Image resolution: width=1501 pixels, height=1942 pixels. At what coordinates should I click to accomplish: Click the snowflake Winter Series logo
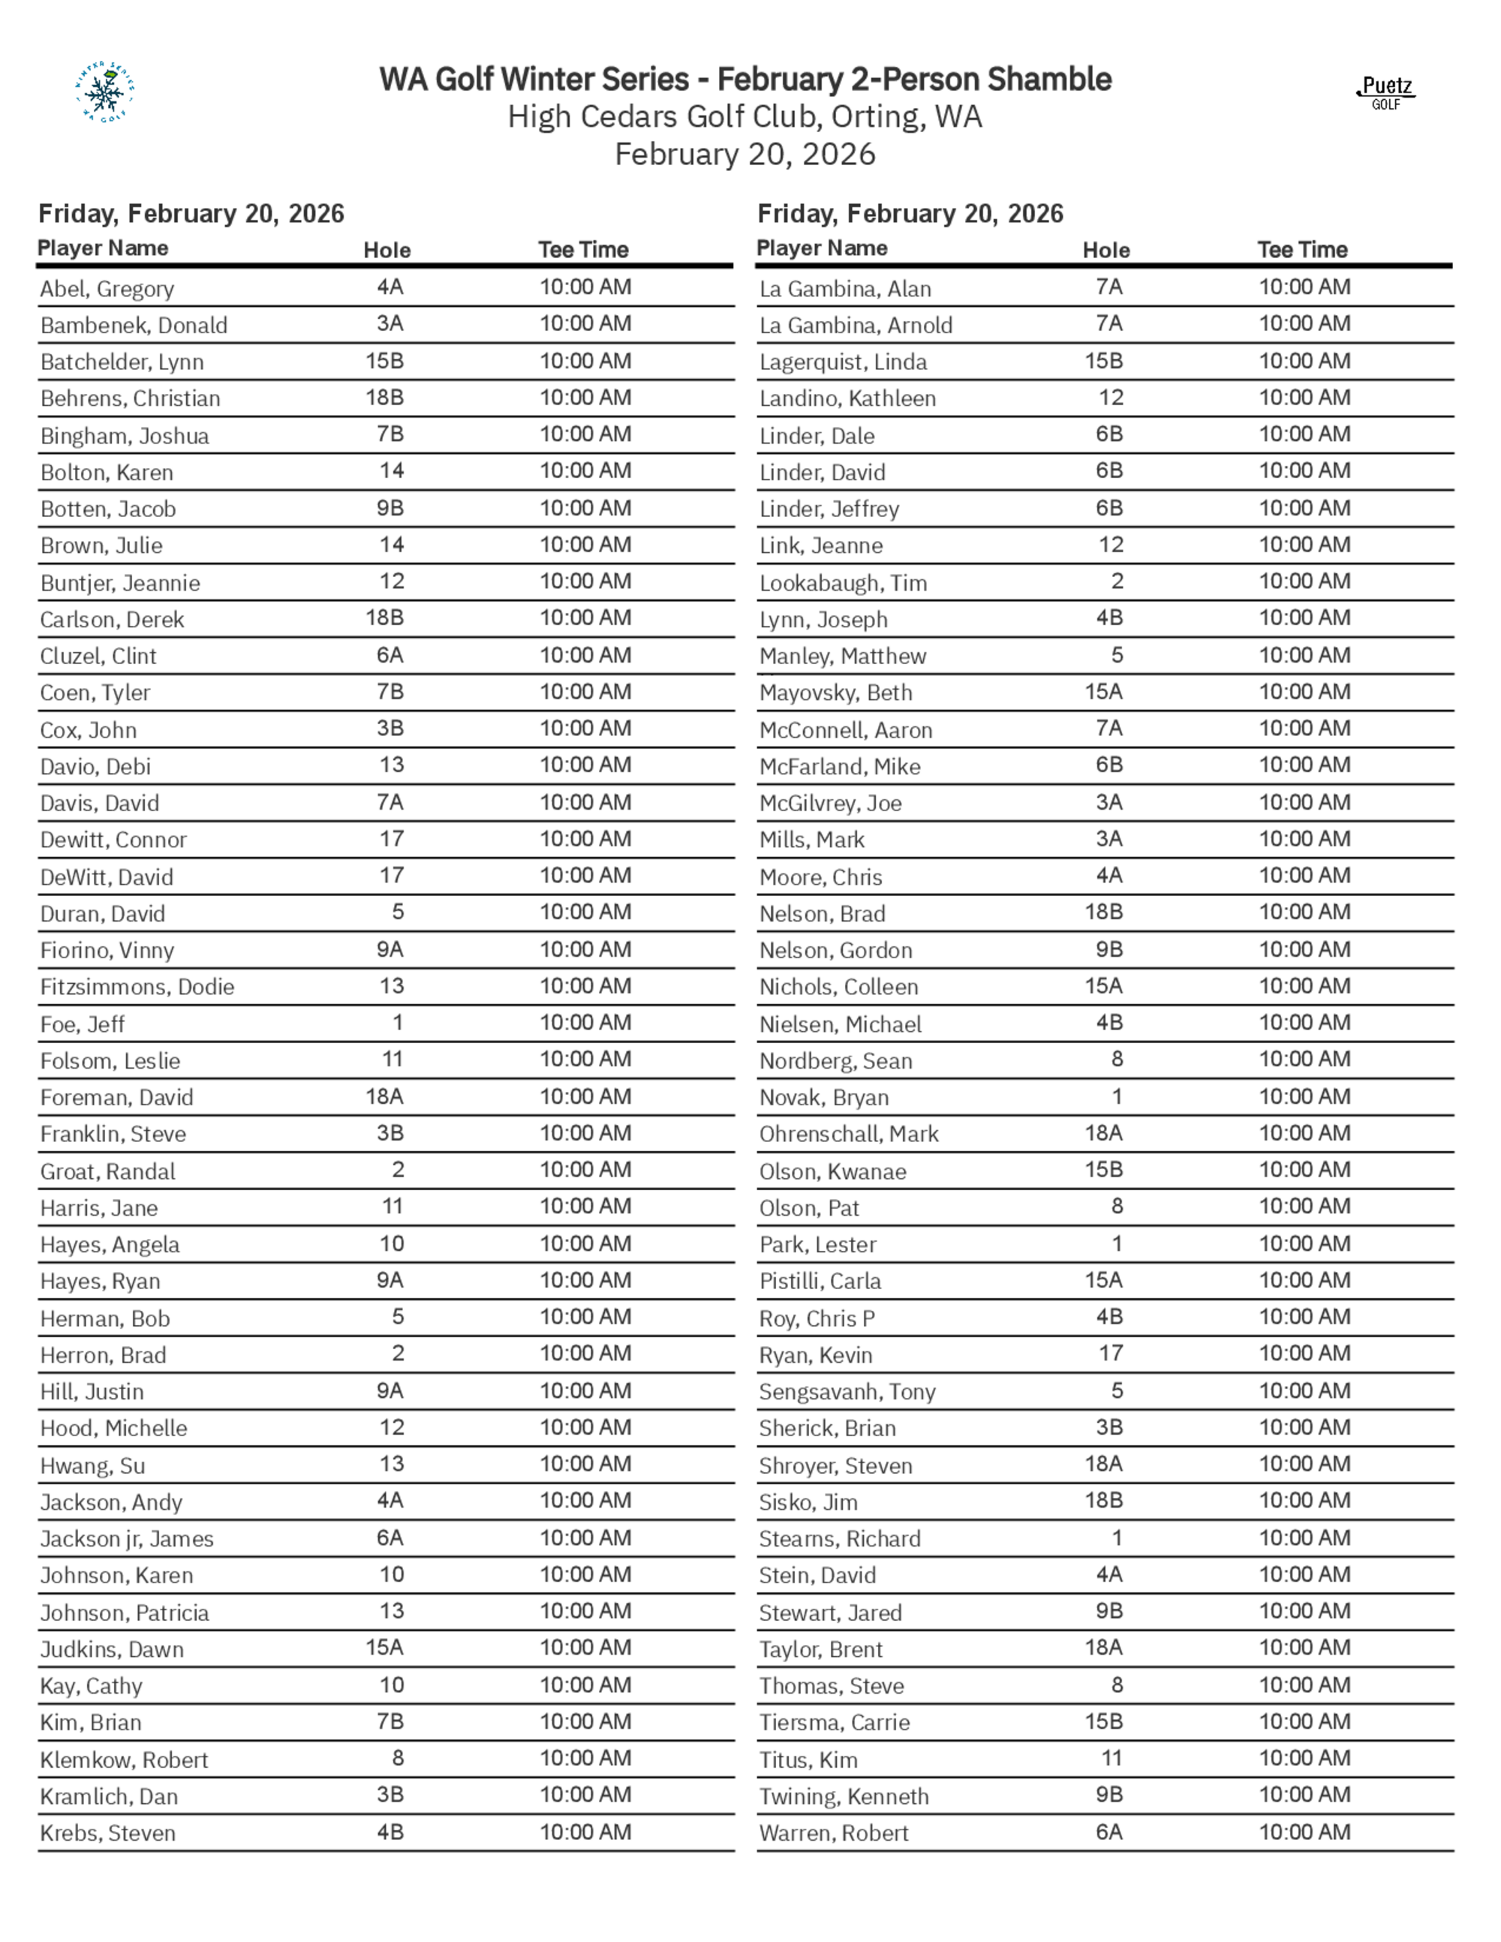tap(105, 92)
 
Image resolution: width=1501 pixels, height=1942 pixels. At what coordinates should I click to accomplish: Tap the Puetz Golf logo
tap(1385, 92)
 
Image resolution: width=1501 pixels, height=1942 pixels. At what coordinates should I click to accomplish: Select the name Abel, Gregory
tap(107, 289)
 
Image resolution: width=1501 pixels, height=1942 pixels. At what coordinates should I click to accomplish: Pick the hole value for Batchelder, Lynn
tap(384, 361)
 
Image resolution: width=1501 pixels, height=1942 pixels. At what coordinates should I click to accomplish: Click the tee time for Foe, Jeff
tap(585, 1023)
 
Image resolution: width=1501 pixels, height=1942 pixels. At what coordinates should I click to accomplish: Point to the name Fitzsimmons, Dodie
tap(137, 987)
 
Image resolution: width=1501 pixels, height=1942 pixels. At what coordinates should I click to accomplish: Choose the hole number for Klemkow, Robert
tap(398, 1758)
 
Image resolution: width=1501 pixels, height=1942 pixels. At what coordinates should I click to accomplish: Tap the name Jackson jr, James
tap(126, 1538)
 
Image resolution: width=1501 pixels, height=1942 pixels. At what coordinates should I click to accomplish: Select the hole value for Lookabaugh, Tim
tap(1117, 582)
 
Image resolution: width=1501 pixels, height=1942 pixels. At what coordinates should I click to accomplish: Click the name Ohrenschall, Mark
tap(848, 1134)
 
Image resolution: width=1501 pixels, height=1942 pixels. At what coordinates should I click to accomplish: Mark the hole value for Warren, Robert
tap(1108, 1832)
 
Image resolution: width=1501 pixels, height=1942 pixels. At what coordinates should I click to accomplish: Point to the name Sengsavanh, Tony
tap(847, 1391)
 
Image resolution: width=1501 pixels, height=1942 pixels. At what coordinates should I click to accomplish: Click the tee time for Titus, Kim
tap(1304, 1758)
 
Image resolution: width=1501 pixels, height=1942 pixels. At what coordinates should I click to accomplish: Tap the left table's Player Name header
tap(102, 248)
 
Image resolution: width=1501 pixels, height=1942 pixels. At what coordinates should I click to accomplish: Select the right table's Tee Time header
tap(1302, 250)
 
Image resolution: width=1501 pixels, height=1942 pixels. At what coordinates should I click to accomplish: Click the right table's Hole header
tap(1105, 251)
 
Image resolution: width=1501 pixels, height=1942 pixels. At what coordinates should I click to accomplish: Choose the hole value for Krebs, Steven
tap(390, 1832)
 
